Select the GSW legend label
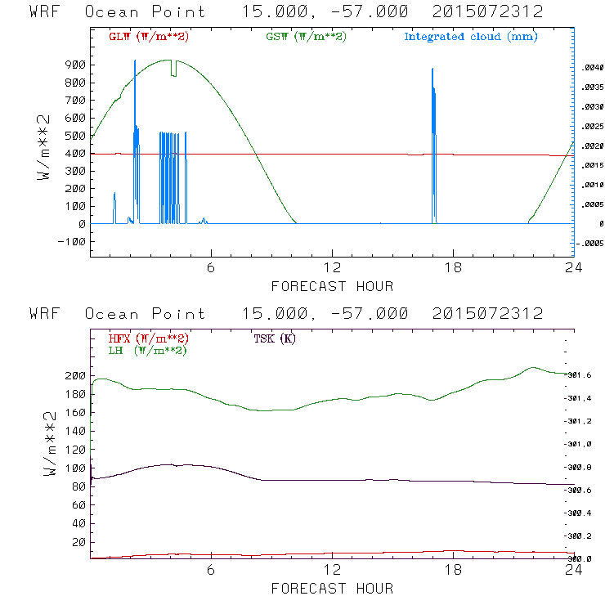(307, 37)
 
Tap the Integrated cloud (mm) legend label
(471, 37)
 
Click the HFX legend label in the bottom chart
(149, 338)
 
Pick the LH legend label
(147, 350)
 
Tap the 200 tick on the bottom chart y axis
(76, 375)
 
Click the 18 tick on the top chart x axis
(453, 269)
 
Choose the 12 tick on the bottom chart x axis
(332, 571)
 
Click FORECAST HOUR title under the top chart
(332, 286)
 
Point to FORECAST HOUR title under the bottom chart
(332, 589)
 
